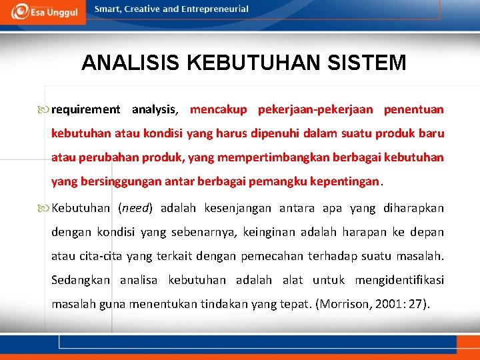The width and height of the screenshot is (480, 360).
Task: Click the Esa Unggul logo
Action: point(43,11)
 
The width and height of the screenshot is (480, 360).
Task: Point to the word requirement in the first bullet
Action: point(86,109)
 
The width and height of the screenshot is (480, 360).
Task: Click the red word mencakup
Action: point(218,109)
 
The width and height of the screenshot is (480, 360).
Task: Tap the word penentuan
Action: point(413,109)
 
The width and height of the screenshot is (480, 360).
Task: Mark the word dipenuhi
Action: point(275,133)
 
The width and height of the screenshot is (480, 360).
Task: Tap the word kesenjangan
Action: point(237,208)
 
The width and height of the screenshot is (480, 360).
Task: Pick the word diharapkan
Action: point(413,208)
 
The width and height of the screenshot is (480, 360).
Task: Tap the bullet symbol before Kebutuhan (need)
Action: point(45,208)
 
